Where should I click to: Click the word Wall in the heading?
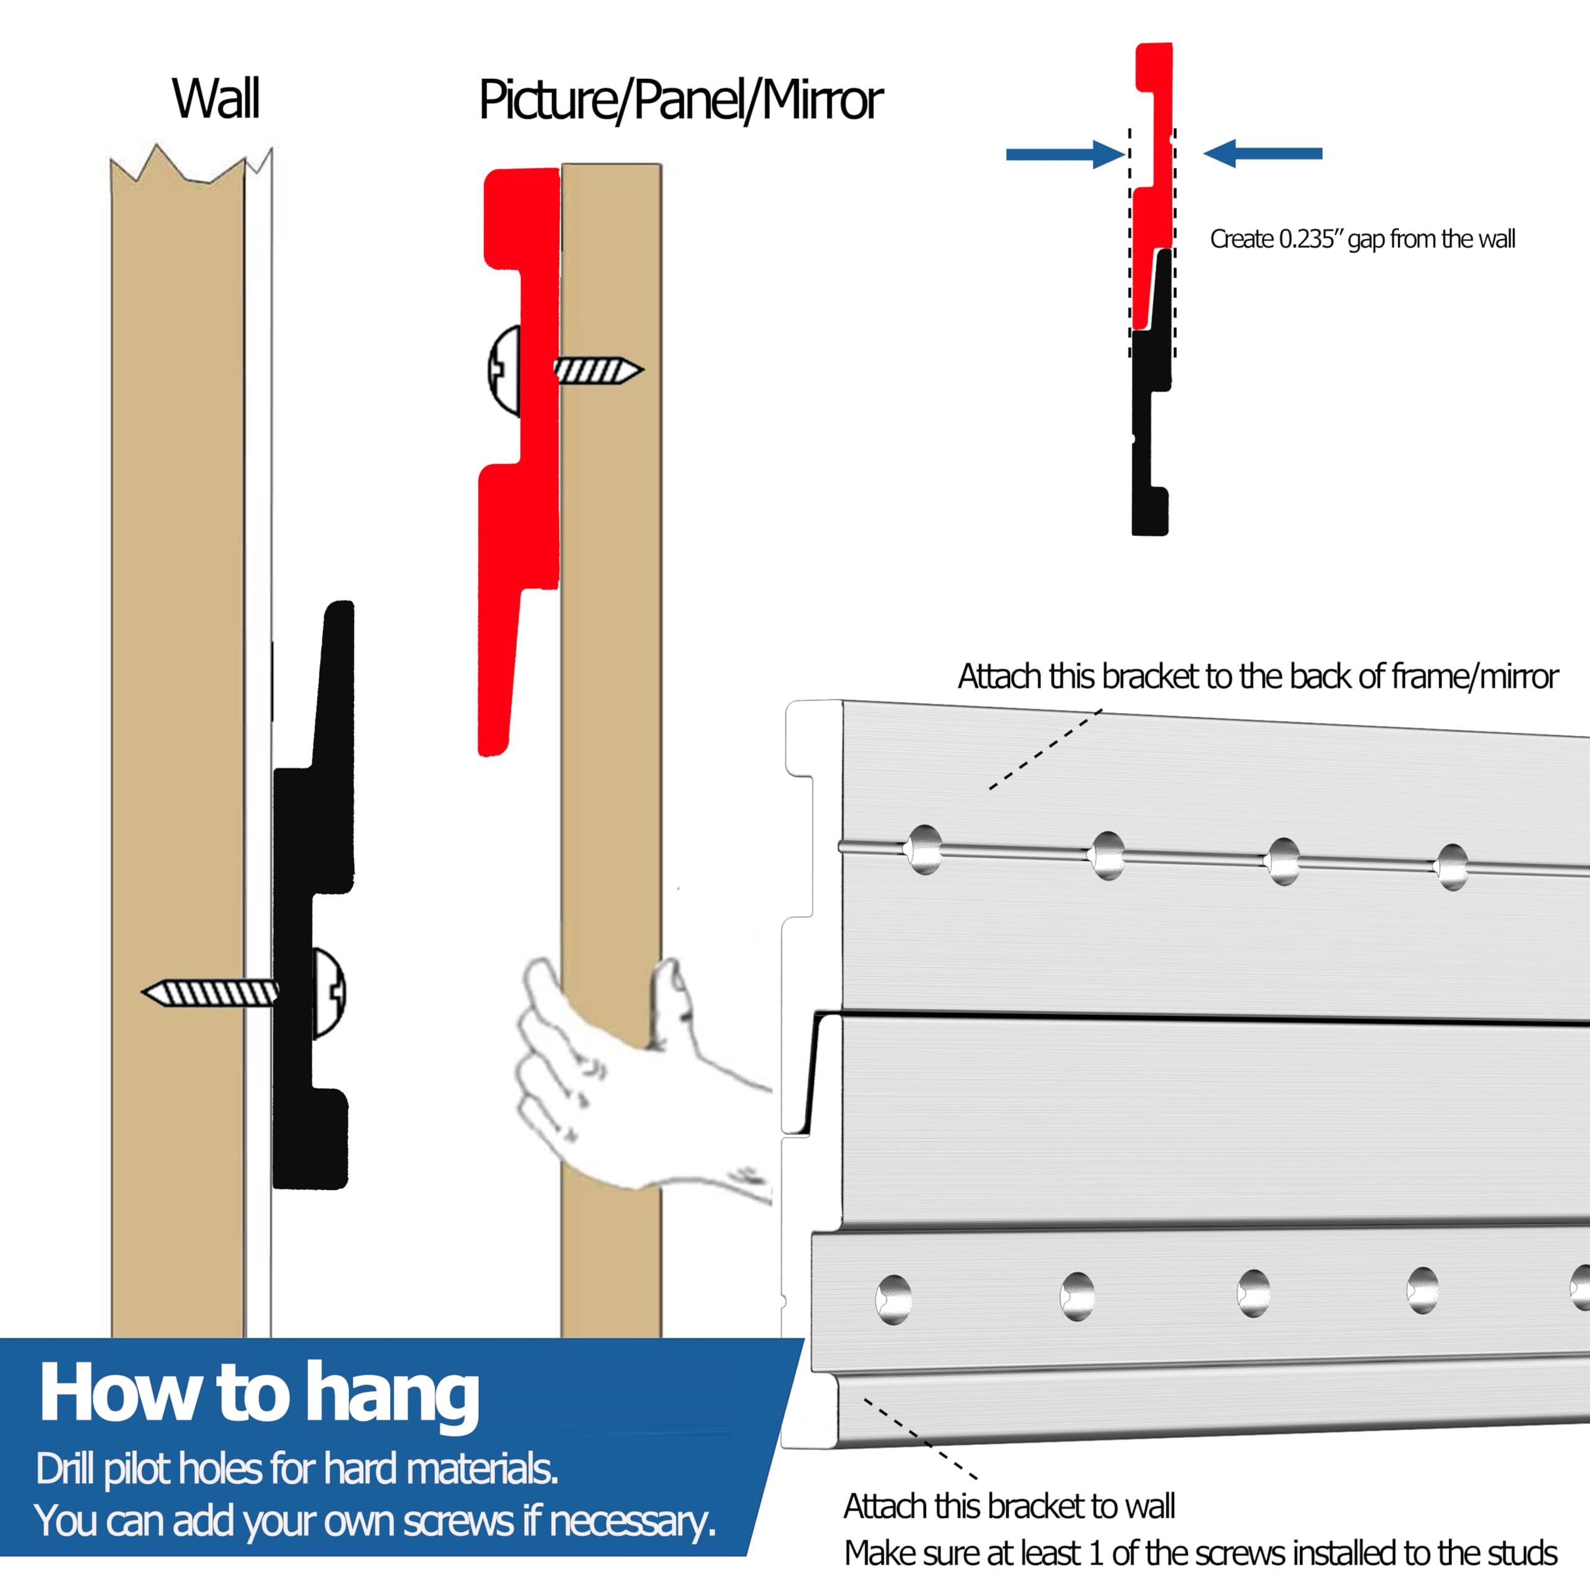[x=216, y=99]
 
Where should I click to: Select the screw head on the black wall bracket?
[x=329, y=993]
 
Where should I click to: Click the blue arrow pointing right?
[x=1065, y=154]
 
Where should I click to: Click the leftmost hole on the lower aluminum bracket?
[x=894, y=1299]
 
